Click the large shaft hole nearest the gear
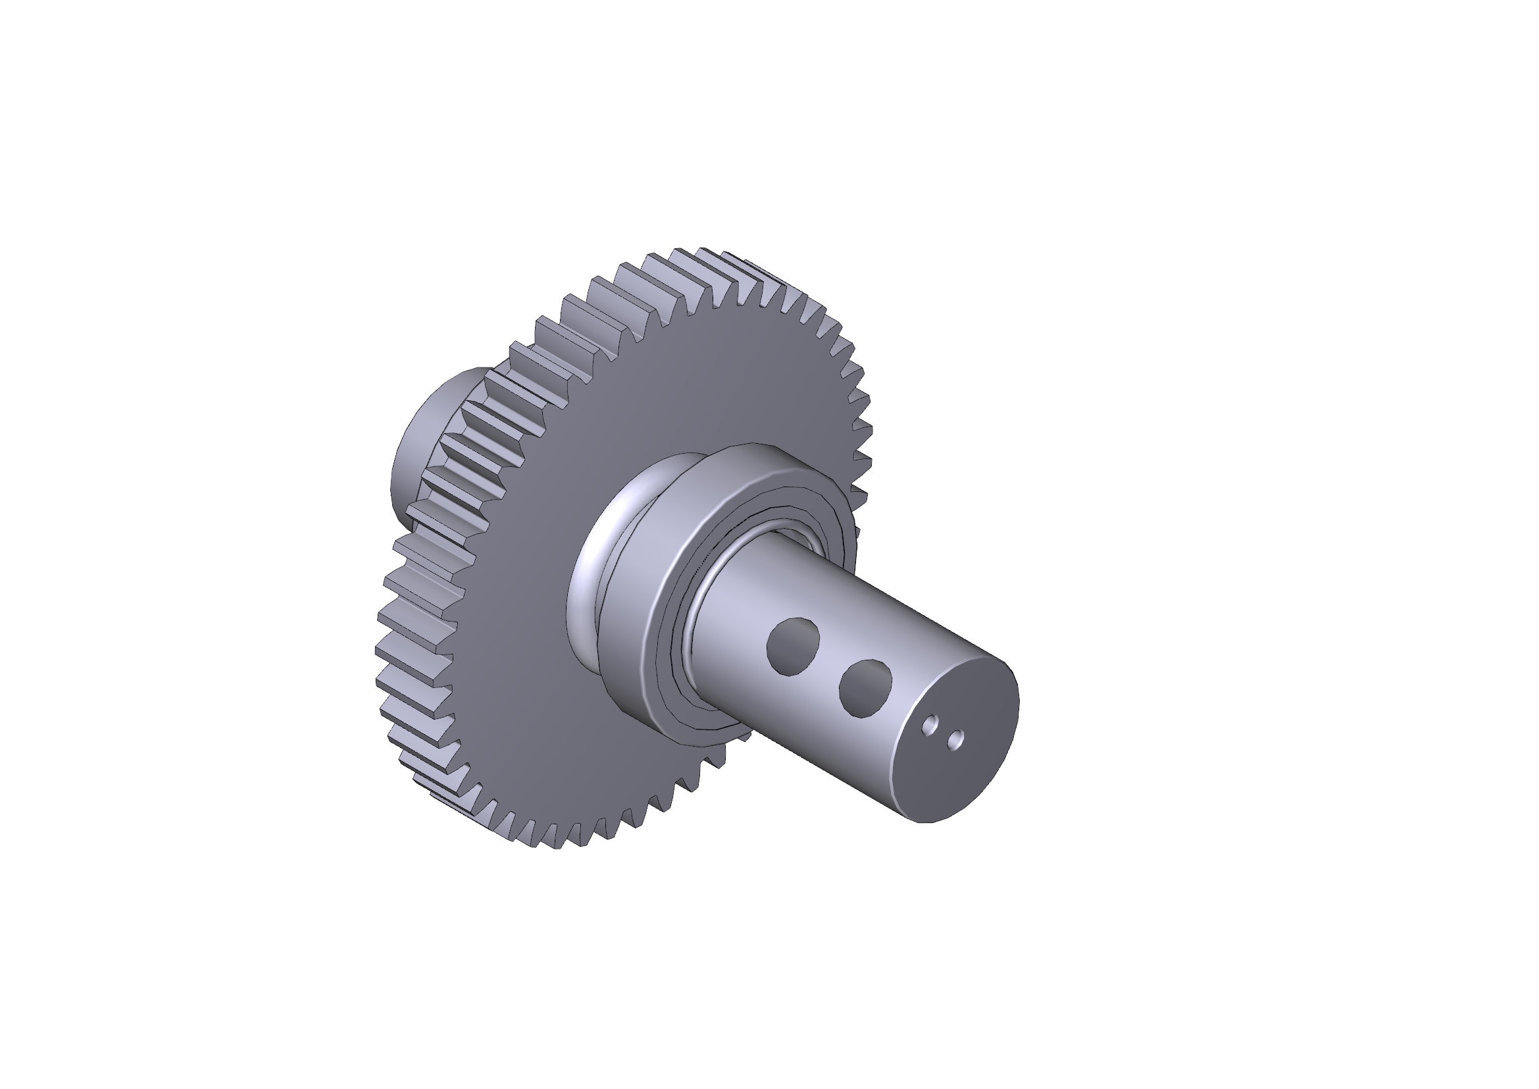point(793,646)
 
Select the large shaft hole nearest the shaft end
point(865,688)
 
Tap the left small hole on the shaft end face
point(930,725)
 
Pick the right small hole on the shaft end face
point(956,739)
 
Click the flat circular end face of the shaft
point(965,771)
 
